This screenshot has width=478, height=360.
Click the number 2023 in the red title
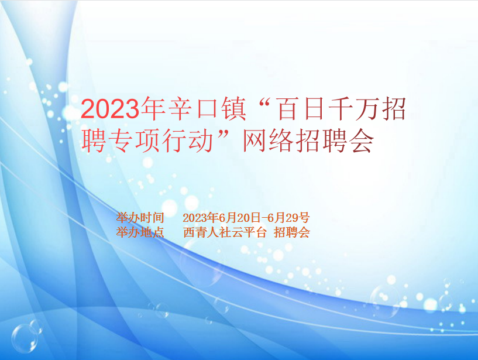[x=110, y=109]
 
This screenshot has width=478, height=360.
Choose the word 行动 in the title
[x=188, y=140]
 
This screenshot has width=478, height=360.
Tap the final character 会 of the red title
[x=362, y=140]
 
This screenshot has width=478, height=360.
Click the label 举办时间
[x=140, y=218]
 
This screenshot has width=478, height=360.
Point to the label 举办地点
[x=140, y=232]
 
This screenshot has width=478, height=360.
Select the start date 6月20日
[x=240, y=218]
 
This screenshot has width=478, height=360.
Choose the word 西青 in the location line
[x=195, y=232]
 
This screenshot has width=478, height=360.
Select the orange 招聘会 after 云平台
[x=292, y=232]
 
